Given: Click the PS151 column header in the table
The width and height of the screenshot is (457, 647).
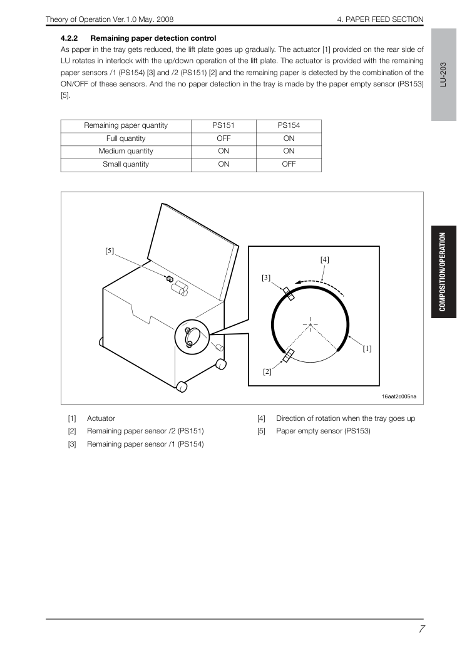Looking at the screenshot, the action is click(223, 125).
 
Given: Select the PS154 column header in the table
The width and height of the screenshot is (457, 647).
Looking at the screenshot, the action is click(289, 125).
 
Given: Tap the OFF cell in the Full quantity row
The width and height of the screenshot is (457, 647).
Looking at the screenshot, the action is click(223, 138).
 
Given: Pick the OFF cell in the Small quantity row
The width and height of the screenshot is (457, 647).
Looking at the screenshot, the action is click(289, 164).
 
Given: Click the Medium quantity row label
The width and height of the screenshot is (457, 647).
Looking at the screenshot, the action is click(126, 151).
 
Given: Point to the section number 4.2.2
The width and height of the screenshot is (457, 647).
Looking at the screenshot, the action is click(69, 38).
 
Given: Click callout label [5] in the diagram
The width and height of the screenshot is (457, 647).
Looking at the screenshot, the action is click(110, 251).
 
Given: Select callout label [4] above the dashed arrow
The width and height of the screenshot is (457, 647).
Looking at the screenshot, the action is click(325, 259).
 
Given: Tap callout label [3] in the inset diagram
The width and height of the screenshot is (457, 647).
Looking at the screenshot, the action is click(266, 277).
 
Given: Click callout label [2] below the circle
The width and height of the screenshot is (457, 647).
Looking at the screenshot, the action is click(267, 372).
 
